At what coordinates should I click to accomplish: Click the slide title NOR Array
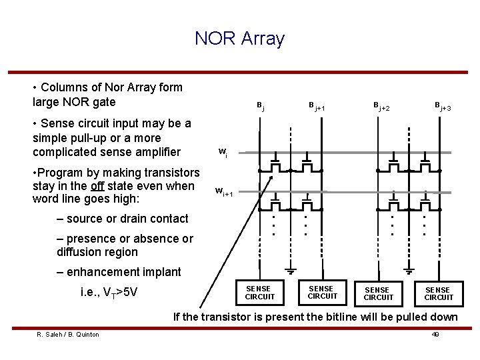click(x=239, y=39)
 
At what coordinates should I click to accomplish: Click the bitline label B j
click(x=261, y=106)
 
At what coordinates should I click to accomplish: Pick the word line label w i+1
click(x=224, y=192)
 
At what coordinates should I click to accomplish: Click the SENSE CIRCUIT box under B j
click(x=259, y=292)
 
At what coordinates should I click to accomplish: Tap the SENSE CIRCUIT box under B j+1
click(x=323, y=292)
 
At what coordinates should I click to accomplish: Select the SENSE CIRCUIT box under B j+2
click(x=378, y=293)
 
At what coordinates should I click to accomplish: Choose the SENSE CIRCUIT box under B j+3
click(x=438, y=293)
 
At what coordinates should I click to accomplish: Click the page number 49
click(x=435, y=334)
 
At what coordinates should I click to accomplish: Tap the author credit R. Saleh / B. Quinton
click(x=67, y=334)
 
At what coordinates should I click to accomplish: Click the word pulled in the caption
click(x=396, y=317)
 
